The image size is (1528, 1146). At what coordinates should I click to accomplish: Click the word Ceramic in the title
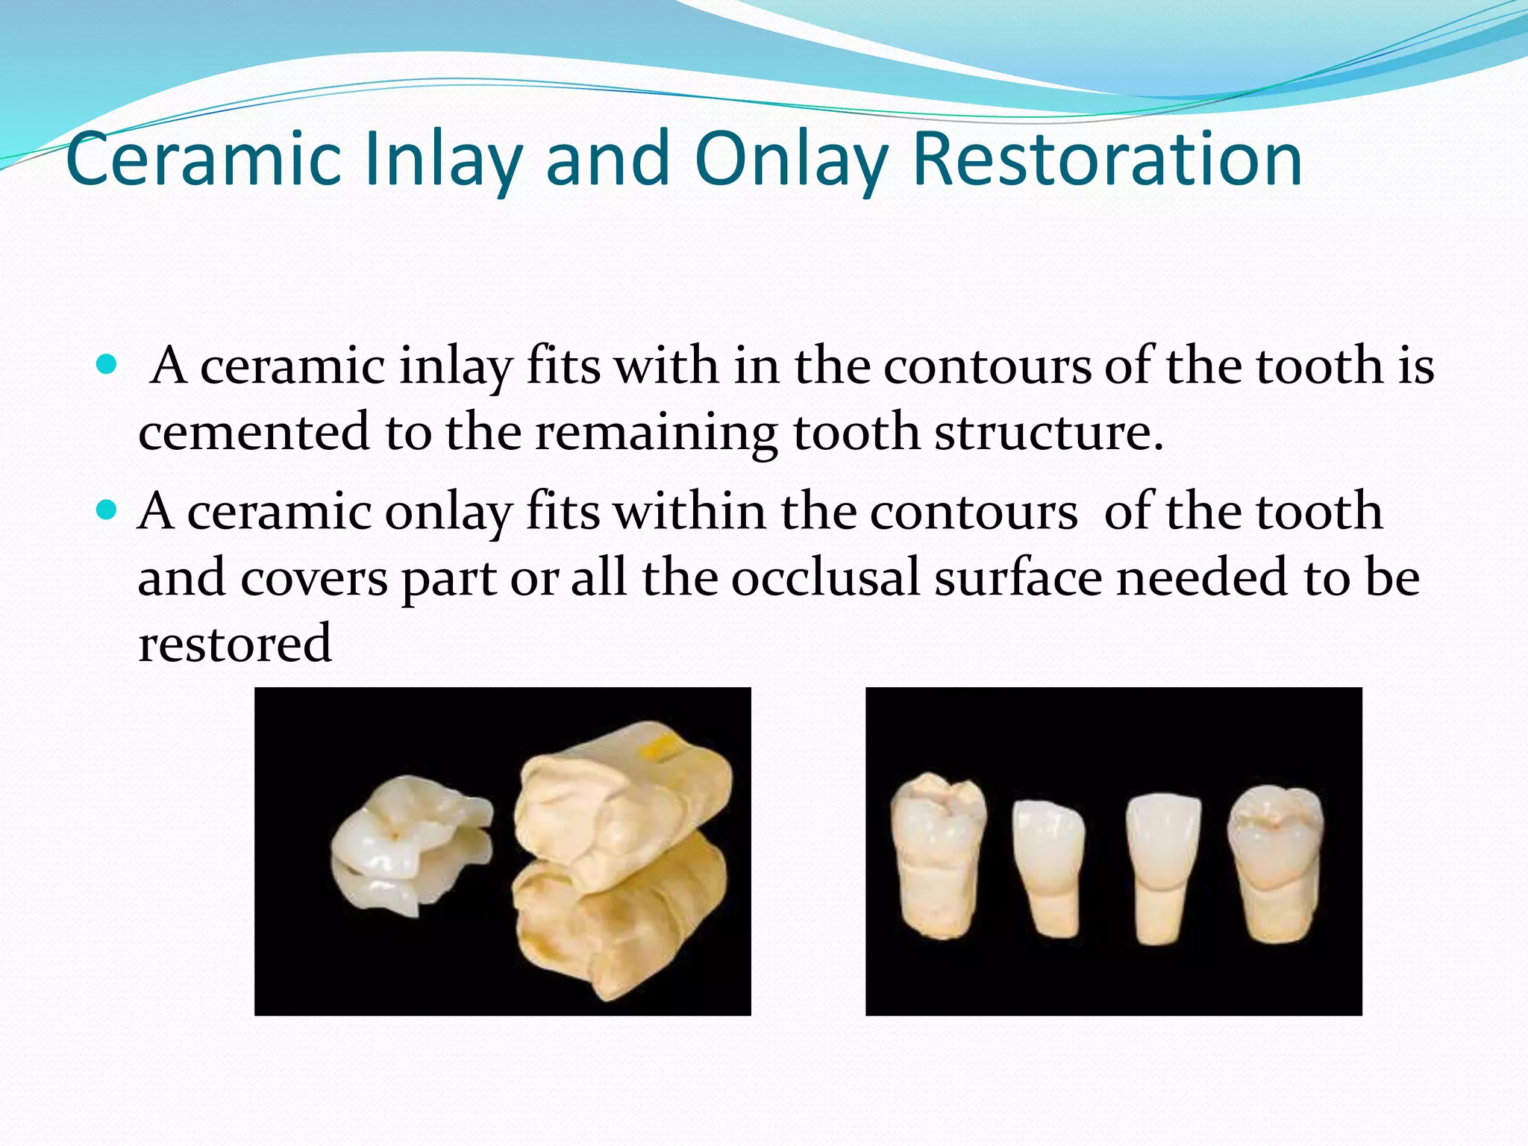pos(204,160)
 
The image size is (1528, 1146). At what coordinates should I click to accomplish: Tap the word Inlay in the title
pos(443,160)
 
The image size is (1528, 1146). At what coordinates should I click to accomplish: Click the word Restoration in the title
pos(1107,160)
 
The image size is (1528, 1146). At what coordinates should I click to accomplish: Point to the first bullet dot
pos(107,365)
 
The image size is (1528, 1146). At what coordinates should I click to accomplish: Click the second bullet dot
pos(107,511)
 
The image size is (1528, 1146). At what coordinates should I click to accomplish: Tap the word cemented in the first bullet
pos(254,432)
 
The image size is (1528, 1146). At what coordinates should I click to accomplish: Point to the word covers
pos(313,578)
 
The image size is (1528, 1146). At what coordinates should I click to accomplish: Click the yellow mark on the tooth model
pos(661,750)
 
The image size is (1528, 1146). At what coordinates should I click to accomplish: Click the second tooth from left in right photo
pos(1048,865)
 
